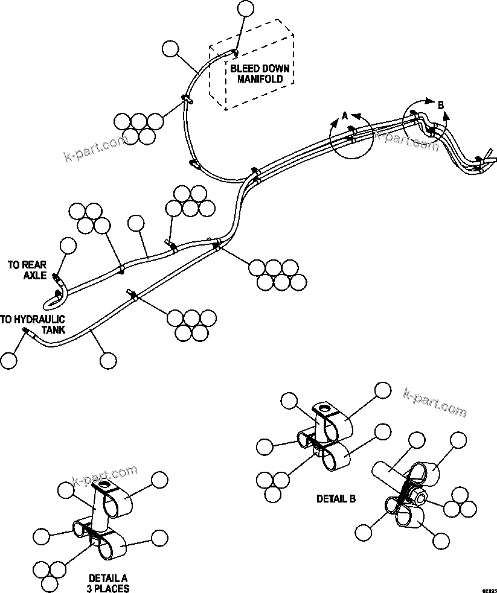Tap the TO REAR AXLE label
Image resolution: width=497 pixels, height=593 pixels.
tap(27, 270)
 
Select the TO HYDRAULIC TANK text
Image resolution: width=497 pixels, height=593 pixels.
tap(33, 324)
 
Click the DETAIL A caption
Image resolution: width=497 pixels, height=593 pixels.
tap(108, 577)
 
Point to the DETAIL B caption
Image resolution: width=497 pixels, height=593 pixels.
tap(336, 499)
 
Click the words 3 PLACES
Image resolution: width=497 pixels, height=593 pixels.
tap(108, 588)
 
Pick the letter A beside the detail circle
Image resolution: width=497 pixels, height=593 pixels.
tap(345, 115)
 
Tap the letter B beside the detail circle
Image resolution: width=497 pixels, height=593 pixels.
tap(441, 106)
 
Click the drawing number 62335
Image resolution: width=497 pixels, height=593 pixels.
tap(489, 589)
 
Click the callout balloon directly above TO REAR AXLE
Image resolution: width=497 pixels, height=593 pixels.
tap(68, 246)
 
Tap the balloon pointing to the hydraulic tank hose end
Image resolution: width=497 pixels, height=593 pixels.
tap(8, 360)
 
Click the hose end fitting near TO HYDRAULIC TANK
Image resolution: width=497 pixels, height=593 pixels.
tap(25, 331)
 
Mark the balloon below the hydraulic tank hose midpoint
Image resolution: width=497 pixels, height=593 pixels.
tap(108, 361)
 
